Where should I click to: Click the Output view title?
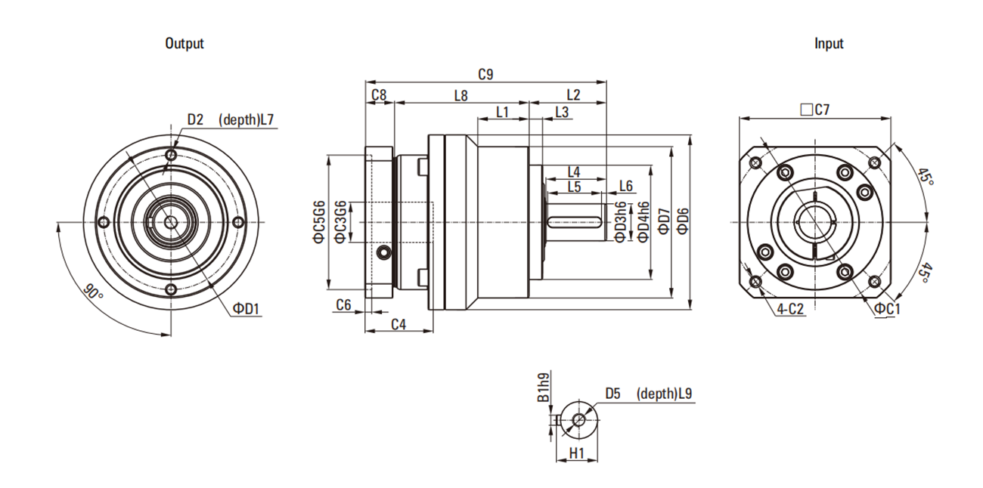click(185, 44)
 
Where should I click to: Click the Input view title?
click(829, 44)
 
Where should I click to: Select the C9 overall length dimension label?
click(486, 74)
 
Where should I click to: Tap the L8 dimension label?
click(460, 95)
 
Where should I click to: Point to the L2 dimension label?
click(572, 95)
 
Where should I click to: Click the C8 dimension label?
click(379, 95)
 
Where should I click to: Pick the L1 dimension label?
click(502, 113)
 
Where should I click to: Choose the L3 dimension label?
click(562, 113)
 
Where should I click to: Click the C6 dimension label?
click(343, 304)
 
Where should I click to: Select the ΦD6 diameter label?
click(683, 219)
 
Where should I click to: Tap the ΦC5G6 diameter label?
click(319, 222)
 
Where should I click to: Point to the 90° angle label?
click(93, 294)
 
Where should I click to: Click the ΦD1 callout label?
click(246, 308)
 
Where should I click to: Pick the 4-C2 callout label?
click(790, 308)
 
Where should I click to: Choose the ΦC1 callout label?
click(887, 308)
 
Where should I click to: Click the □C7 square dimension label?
click(814, 110)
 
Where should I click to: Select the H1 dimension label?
click(577, 452)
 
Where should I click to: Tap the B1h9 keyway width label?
click(543, 387)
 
